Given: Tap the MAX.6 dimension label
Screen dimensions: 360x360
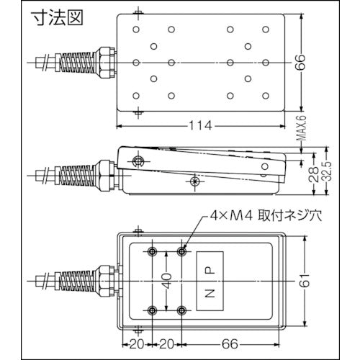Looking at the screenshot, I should [x=303, y=132].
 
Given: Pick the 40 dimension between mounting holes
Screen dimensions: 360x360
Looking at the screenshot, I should [x=166, y=281].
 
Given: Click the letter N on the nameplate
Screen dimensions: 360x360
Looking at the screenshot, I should [x=210, y=293].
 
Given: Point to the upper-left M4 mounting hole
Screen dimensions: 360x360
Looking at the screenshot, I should [x=153, y=251].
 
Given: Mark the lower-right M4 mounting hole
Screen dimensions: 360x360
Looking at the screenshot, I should [x=181, y=310].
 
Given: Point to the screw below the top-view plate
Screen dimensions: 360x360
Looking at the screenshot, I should [x=138, y=113].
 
